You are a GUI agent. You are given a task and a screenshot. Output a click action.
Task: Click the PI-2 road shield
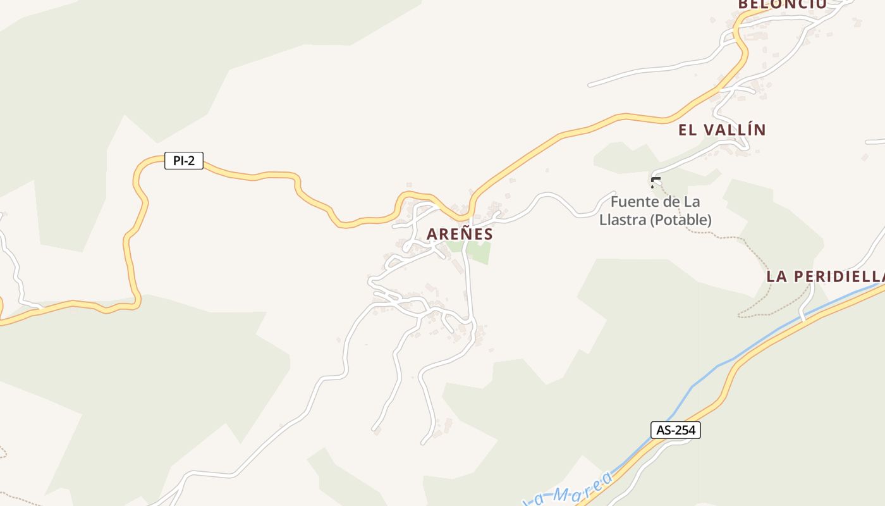pos(184,161)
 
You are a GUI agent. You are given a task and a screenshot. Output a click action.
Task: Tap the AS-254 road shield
pos(676,430)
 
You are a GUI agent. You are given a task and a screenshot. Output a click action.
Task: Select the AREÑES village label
pos(460,234)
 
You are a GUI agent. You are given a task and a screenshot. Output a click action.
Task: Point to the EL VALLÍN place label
pos(722,130)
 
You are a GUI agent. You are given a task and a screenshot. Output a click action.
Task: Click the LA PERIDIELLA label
pos(825,276)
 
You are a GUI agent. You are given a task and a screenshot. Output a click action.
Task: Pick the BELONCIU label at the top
pos(782,4)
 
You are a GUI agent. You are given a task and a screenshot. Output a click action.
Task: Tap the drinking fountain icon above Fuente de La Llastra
pos(656,182)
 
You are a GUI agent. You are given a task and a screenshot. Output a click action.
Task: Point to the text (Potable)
pos(680,220)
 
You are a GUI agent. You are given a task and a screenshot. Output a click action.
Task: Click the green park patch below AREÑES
pos(479,252)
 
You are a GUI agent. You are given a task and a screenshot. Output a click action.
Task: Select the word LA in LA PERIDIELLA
pos(777,276)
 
